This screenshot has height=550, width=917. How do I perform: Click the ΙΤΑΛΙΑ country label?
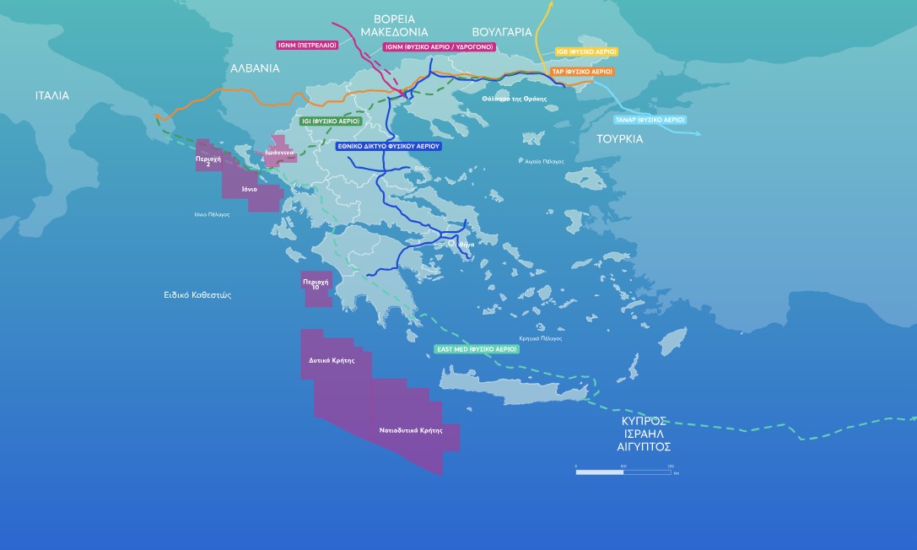coord(52,95)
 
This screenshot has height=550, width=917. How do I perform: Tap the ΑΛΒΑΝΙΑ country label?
coord(254,68)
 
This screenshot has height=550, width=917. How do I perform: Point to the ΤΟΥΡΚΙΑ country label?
coord(619,138)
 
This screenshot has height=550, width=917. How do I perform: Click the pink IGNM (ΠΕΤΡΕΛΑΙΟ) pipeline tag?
coord(306,45)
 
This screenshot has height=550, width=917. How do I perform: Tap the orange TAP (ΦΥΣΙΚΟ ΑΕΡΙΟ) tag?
coord(582,72)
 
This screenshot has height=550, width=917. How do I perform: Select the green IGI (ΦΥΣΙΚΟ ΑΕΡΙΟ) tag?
coord(331,121)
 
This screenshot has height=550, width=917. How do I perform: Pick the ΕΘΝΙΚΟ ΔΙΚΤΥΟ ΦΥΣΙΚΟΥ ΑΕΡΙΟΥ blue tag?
coord(388,146)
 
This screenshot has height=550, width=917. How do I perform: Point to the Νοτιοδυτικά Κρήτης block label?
coord(411,430)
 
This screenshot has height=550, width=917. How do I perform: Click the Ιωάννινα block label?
coord(279,153)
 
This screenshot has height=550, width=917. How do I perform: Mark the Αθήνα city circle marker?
coord(452,243)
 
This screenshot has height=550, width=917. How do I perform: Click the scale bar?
coord(623,472)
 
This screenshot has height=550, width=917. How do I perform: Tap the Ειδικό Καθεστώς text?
coord(197,295)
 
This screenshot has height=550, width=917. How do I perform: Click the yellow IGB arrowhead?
coord(552,5)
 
